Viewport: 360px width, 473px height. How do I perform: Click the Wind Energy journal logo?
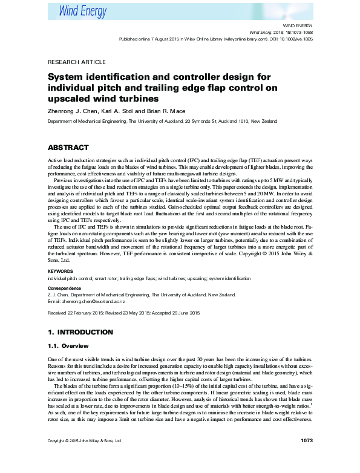[x=82, y=10]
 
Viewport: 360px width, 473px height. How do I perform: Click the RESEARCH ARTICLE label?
[x=77, y=62]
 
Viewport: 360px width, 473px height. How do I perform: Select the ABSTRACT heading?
[x=68, y=148]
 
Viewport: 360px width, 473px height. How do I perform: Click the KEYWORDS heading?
[x=61, y=272]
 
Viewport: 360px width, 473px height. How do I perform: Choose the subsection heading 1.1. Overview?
[x=67, y=346]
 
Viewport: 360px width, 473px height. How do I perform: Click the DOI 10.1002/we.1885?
[x=295, y=38]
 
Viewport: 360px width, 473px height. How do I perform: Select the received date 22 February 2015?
[x=82, y=313]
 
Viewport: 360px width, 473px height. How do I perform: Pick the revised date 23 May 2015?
[x=139, y=313]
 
